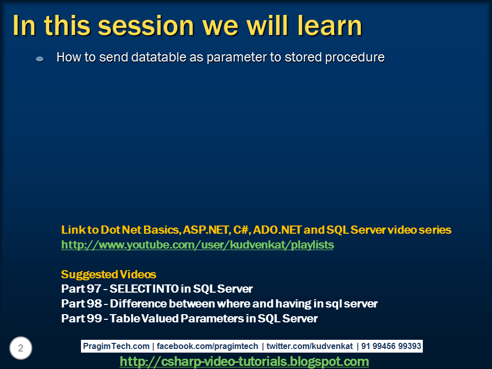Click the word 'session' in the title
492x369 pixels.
pyautogui.click(x=138, y=26)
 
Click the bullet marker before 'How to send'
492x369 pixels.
pyautogui.click(x=40, y=59)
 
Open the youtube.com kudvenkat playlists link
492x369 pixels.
pyautogui.click(x=197, y=245)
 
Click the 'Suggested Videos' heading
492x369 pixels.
pyautogui.click(x=108, y=274)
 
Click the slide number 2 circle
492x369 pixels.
pyautogui.click(x=20, y=348)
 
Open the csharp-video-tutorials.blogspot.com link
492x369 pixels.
pyautogui.click(x=244, y=362)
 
